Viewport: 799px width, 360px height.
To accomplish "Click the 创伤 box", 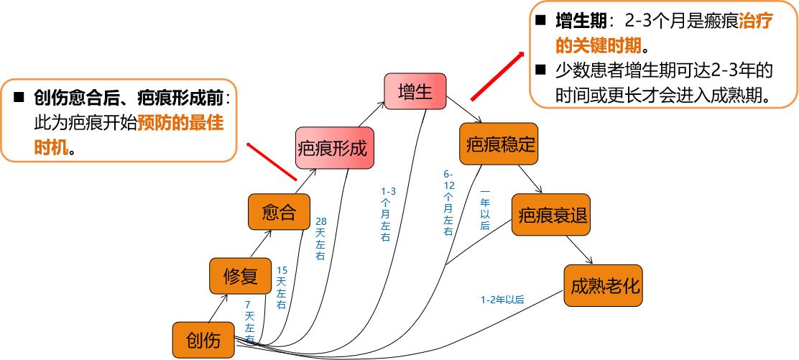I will (x=204, y=341).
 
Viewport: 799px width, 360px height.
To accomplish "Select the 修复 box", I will (x=240, y=277).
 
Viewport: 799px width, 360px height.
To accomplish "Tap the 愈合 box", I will (x=279, y=213).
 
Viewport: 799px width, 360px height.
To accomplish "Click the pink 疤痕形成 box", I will (x=331, y=149).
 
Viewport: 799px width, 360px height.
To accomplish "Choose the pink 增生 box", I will (x=415, y=92).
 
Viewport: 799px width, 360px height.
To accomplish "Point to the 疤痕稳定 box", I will (x=497, y=143).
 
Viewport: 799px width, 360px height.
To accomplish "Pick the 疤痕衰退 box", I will (x=550, y=215).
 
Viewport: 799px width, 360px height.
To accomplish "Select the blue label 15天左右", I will (x=282, y=287).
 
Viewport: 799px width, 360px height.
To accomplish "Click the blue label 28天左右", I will (x=320, y=239).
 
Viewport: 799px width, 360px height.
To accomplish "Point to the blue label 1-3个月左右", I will (x=387, y=213).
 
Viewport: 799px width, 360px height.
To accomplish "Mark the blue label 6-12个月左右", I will (x=448, y=203).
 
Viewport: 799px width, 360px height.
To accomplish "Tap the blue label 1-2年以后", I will (x=502, y=300).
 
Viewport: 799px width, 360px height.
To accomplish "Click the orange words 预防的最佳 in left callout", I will (x=181, y=123).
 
